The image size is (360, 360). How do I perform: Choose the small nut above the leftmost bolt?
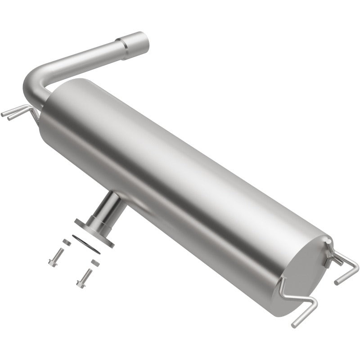click(66, 242)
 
